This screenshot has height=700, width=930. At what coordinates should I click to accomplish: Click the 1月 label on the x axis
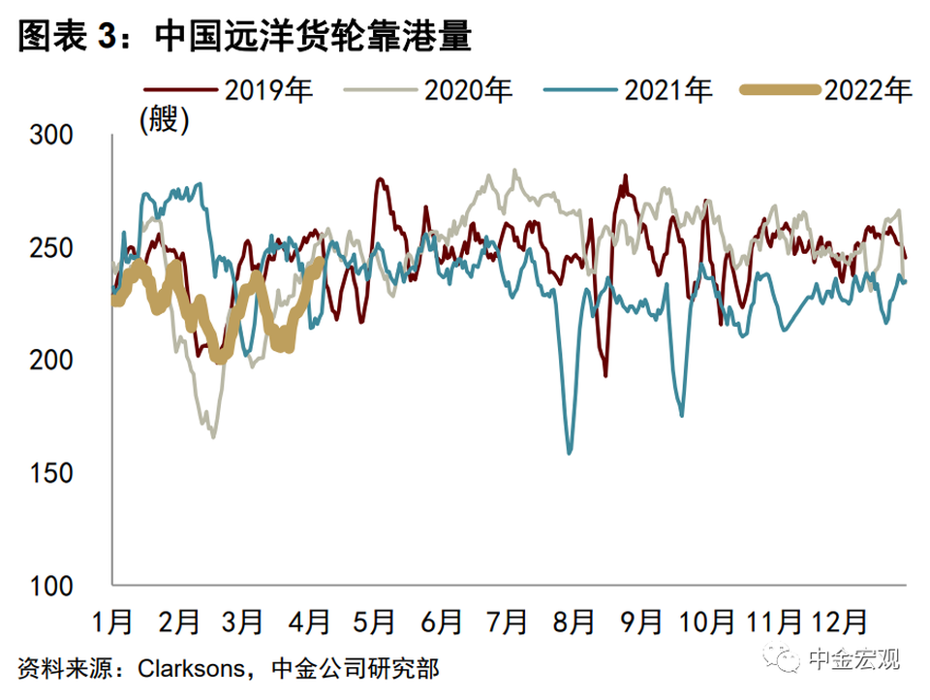pos(112,619)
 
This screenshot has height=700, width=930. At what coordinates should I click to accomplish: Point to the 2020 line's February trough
pos(212,436)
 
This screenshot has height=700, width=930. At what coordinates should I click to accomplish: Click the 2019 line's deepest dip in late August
pos(606,375)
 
